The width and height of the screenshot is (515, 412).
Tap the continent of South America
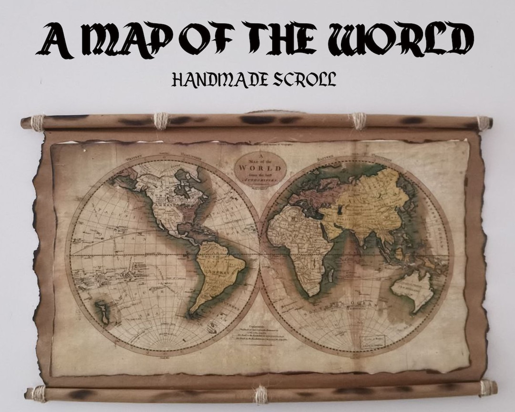pos(220,277)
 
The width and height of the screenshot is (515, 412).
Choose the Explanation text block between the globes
pos(260,334)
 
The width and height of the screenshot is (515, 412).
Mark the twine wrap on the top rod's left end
pos(37,123)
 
